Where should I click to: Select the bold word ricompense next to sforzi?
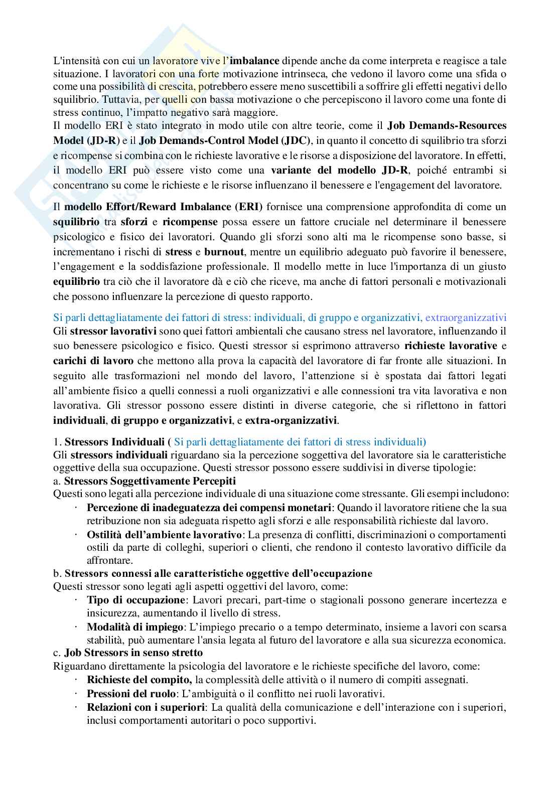pos(190,221)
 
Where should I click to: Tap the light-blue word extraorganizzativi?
pos(466,318)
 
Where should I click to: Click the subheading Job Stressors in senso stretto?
pos(133,653)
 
